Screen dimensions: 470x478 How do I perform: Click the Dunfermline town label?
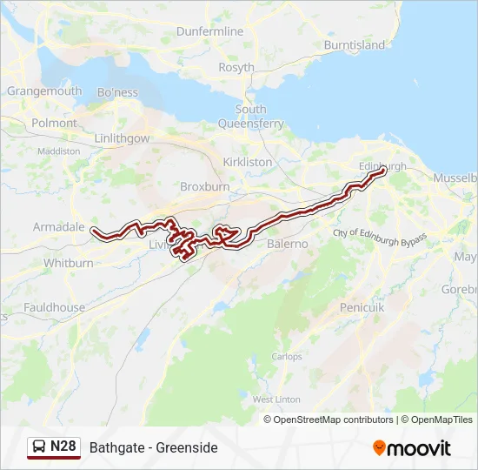pyautogui.click(x=209, y=31)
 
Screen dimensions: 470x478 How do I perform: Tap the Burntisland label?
pyautogui.click(x=354, y=44)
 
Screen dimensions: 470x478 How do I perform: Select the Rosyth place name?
pyautogui.click(x=236, y=67)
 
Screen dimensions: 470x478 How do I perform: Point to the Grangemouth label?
pyautogui.click(x=44, y=91)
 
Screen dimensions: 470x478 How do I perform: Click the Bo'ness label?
pyautogui.click(x=117, y=91)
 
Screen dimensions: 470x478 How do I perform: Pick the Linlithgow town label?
pyautogui.click(x=122, y=138)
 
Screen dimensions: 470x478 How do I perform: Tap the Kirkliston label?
pyautogui.click(x=247, y=162)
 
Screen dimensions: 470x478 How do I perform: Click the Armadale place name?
pyautogui.click(x=59, y=226)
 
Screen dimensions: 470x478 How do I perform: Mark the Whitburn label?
pyautogui.click(x=69, y=263)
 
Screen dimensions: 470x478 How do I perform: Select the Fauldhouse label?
pyautogui.click(x=55, y=307)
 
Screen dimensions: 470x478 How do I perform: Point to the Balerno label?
pyautogui.click(x=287, y=245)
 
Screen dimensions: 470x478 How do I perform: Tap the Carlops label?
pyautogui.click(x=287, y=356)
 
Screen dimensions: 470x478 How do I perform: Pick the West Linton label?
pyautogui.click(x=276, y=399)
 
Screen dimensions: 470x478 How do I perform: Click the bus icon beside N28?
pyautogui.click(x=39, y=447)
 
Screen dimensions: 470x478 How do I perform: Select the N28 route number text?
pyautogui.click(x=63, y=446)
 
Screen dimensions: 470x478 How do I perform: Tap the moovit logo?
pyautogui.click(x=412, y=448)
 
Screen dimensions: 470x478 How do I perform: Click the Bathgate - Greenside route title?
pyautogui.click(x=154, y=447)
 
